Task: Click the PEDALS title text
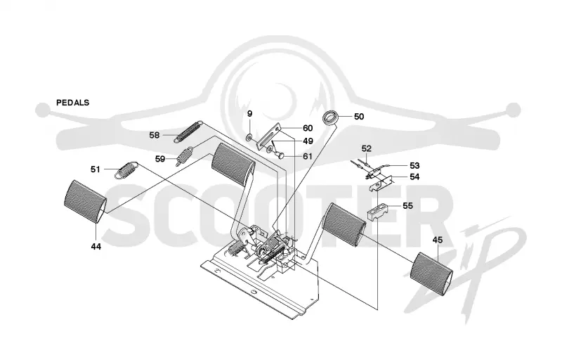tap(73, 103)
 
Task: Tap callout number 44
tap(96, 247)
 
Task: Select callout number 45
tap(438, 240)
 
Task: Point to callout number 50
tap(359, 117)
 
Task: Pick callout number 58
tap(155, 135)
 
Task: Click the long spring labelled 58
tap(188, 132)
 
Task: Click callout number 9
tap(250, 114)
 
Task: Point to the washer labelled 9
tap(249, 136)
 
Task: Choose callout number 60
tap(308, 128)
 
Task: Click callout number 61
tap(308, 156)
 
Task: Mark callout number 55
tap(407, 206)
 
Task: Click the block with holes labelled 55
tap(377, 212)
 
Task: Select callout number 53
tap(414, 166)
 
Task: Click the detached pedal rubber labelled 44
tap(85, 202)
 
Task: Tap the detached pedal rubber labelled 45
tap(431, 274)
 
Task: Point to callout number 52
tap(366, 148)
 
